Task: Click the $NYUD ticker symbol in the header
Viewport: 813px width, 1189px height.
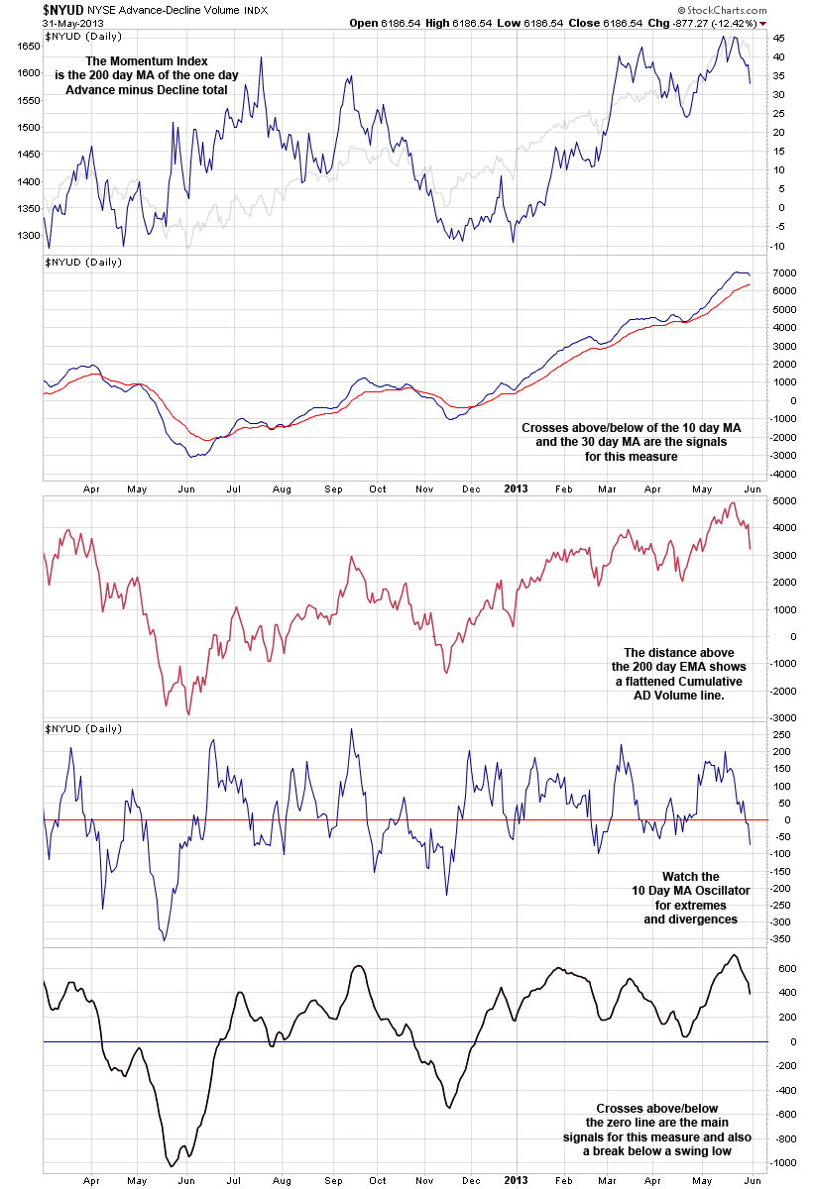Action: pos(62,9)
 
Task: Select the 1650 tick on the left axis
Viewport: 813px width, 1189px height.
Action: pos(28,46)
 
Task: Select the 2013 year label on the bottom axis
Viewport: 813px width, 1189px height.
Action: pos(516,1179)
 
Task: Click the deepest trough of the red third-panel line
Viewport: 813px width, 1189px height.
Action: pos(188,714)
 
